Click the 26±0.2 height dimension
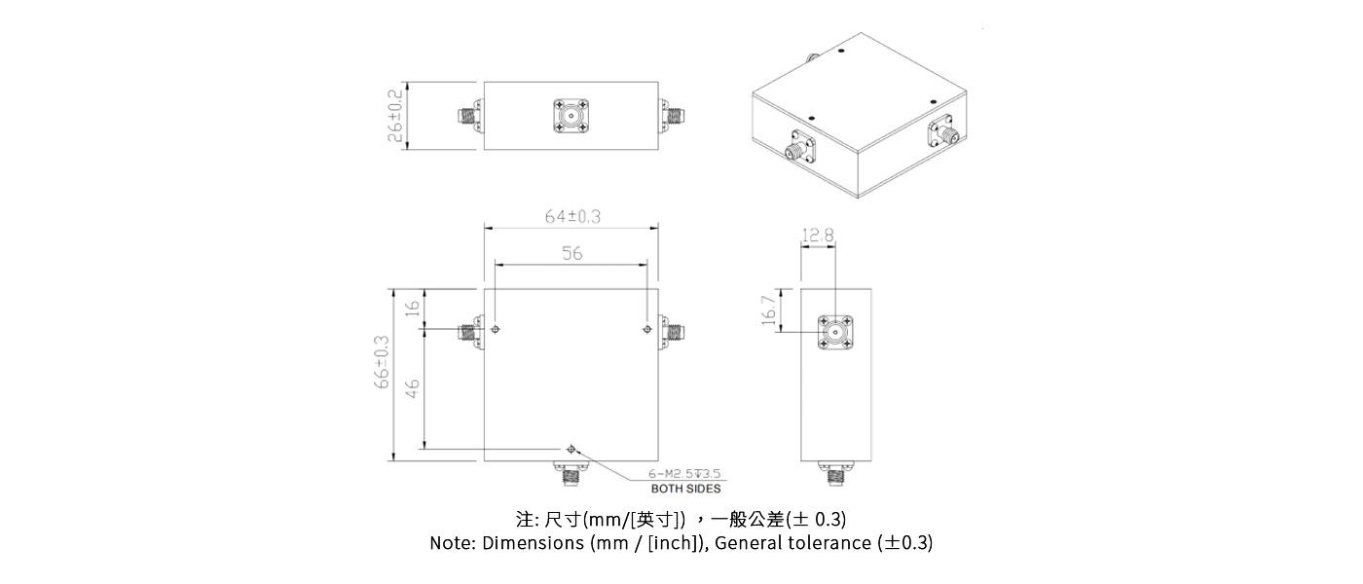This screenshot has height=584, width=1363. pyautogui.click(x=395, y=115)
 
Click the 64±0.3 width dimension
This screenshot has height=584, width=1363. pyautogui.click(x=571, y=217)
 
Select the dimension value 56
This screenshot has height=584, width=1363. pyautogui.click(x=571, y=253)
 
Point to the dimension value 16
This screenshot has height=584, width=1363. pyautogui.click(x=412, y=308)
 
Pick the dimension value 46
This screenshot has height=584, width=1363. pyautogui.click(x=412, y=388)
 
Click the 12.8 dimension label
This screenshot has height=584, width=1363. pyautogui.click(x=818, y=235)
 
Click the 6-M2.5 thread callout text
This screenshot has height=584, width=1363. pyautogui.click(x=684, y=475)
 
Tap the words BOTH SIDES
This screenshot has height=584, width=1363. pyautogui.click(x=685, y=489)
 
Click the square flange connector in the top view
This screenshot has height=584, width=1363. pyautogui.click(x=571, y=116)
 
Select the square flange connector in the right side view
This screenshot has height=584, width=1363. pyautogui.click(x=834, y=333)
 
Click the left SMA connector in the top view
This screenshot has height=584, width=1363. pyautogui.click(x=468, y=117)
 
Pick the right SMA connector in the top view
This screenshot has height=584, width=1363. pyautogui.click(x=673, y=117)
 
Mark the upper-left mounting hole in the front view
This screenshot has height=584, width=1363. pyautogui.click(x=497, y=330)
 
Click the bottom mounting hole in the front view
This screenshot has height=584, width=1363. pyautogui.click(x=571, y=449)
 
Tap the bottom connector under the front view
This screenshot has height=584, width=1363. pyautogui.click(x=571, y=477)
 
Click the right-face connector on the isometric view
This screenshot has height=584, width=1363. pyautogui.click(x=943, y=134)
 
